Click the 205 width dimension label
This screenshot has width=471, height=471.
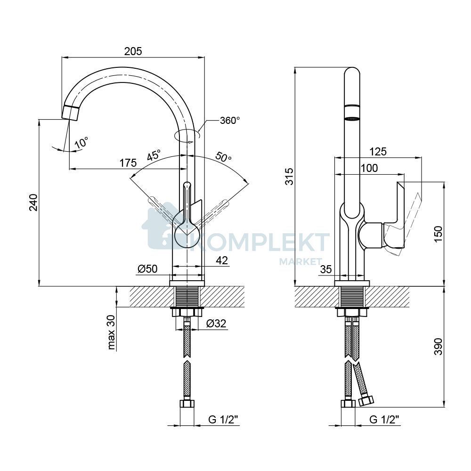tap(133, 51)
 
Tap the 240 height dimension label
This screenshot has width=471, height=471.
tap(33, 203)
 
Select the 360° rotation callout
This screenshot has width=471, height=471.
tap(230, 121)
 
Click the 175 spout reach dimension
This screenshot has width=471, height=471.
tap(128, 163)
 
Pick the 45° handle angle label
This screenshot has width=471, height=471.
tap(154, 155)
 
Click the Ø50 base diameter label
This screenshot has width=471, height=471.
tap(147, 269)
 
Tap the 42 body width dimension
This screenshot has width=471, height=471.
tap(222, 260)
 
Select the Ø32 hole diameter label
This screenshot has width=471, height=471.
tap(216, 323)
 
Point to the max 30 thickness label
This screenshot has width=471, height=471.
tap(111, 333)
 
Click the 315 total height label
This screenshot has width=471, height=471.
tap(289, 176)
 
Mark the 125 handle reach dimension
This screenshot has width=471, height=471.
tap(378, 152)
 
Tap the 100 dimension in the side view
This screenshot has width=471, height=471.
tap(369, 168)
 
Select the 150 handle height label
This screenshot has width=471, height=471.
tap(438, 234)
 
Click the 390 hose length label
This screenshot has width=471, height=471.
tap(438, 346)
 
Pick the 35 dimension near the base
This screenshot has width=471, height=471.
tap(326, 269)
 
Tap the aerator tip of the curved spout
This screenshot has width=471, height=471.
tap(71, 113)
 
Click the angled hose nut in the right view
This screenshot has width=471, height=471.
tap(366, 401)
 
